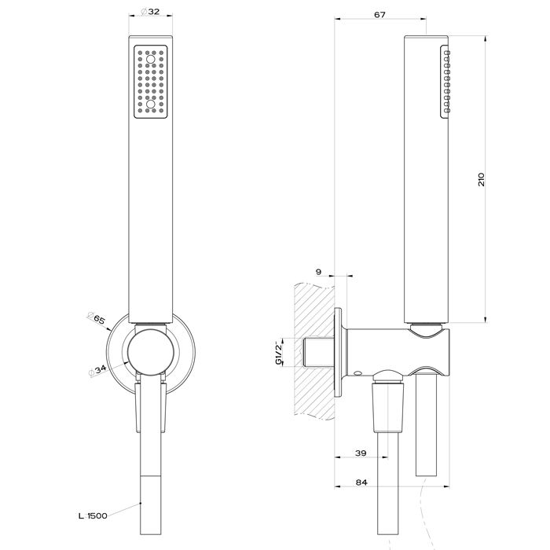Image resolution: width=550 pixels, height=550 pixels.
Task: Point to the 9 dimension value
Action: pos(317,271)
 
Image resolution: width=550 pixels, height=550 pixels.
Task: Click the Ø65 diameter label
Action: pos(99,318)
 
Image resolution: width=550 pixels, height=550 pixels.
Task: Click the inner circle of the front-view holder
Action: pos(148,350)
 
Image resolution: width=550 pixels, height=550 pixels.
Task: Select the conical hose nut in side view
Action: pos(389,405)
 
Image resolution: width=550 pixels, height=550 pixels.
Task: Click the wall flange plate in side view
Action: pos(339,351)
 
